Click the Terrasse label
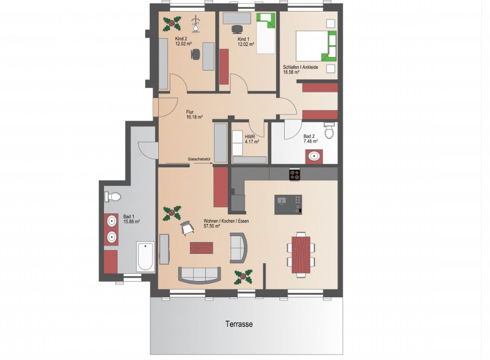[x=239, y=324]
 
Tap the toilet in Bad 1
[x=112, y=197]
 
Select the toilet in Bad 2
[x=329, y=130]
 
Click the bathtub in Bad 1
[x=145, y=257]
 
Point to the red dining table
[x=301, y=254]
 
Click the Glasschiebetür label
[x=199, y=159]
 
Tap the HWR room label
[x=250, y=137]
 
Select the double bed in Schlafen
[x=316, y=45]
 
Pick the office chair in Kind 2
[x=195, y=54]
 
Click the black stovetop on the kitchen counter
[x=295, y=175]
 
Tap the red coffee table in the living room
[x=202, y=248]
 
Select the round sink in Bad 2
[x=314, y=156]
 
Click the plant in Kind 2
[x=172, y=24]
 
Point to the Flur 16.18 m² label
[x=194, y=114]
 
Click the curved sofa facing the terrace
[x=200, y=275]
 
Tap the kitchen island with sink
[x=288, y=205]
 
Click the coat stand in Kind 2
[x=196, y=24]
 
